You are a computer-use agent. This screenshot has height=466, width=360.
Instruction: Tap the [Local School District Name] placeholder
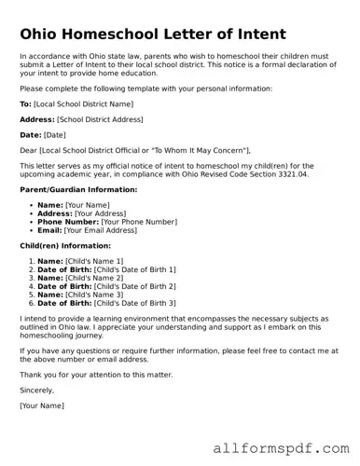tap(83, 103)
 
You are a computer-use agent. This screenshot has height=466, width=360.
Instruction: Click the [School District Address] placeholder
tap(100, 119)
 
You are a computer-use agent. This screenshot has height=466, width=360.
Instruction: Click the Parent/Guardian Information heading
tap(78, 189)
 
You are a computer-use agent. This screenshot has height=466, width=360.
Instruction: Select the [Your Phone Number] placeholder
tap(138, 222)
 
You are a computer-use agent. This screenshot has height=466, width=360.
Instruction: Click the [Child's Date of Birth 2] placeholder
tap(134, 286)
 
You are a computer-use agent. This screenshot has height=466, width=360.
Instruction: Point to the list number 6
tap(32, 303)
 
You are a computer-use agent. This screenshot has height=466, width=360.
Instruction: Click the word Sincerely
tap(36, 390)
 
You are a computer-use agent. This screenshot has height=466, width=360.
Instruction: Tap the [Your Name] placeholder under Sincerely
tap(42, 405)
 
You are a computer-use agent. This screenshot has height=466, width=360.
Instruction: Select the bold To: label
tap(25, 103)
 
